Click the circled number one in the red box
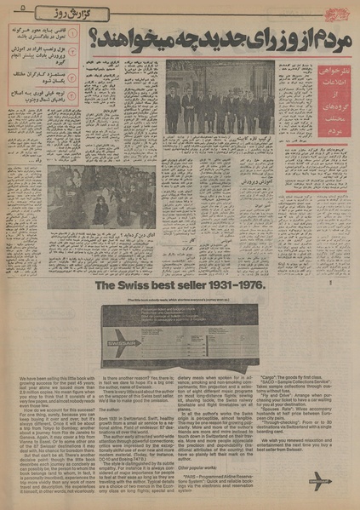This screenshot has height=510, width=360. click(73, 34)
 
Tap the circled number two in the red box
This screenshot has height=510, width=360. click(73, 53)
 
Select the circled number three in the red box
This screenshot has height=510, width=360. click(73, 74)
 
